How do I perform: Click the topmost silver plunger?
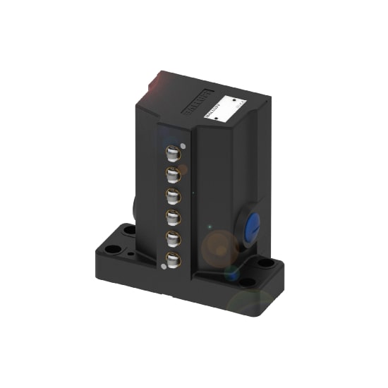[172, 152]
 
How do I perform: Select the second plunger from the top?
[172, 173]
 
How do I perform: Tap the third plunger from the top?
[172, 194]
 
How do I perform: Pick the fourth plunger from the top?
[172, 216]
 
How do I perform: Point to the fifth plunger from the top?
[172, 238]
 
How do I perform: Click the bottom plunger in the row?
[172, 261]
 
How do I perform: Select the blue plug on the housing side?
[252, 226]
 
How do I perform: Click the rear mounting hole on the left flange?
[129, 230]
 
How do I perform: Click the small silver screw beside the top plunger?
[183, 147]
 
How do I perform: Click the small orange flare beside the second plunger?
[183, 170]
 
